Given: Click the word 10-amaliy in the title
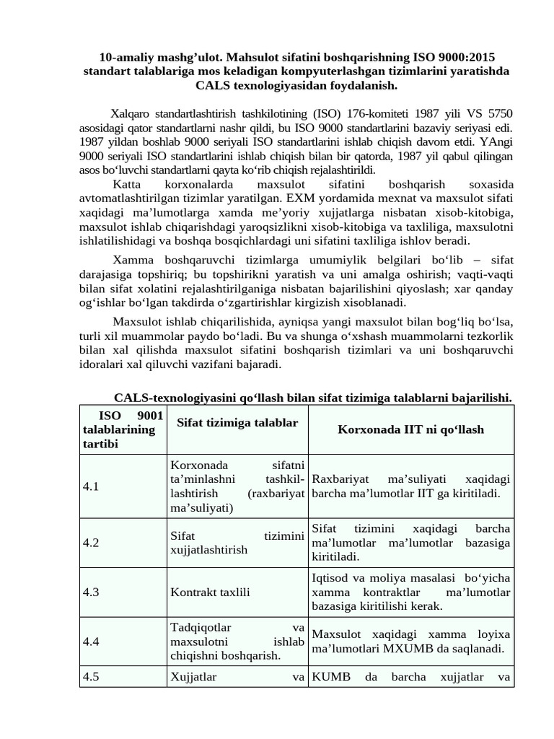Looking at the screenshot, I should (123, 57).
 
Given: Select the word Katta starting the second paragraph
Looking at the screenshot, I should (128, 184).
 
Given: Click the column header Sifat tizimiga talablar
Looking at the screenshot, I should (237, 422).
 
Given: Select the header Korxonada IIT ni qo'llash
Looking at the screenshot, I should (410, 429).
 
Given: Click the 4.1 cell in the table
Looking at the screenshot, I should (91, 486).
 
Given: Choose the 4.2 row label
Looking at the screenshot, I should (91, 543).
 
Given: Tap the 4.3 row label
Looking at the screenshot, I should (91, 592).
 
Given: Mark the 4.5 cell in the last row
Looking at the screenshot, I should (91, 677).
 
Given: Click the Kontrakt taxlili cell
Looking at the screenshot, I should (210, 592).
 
